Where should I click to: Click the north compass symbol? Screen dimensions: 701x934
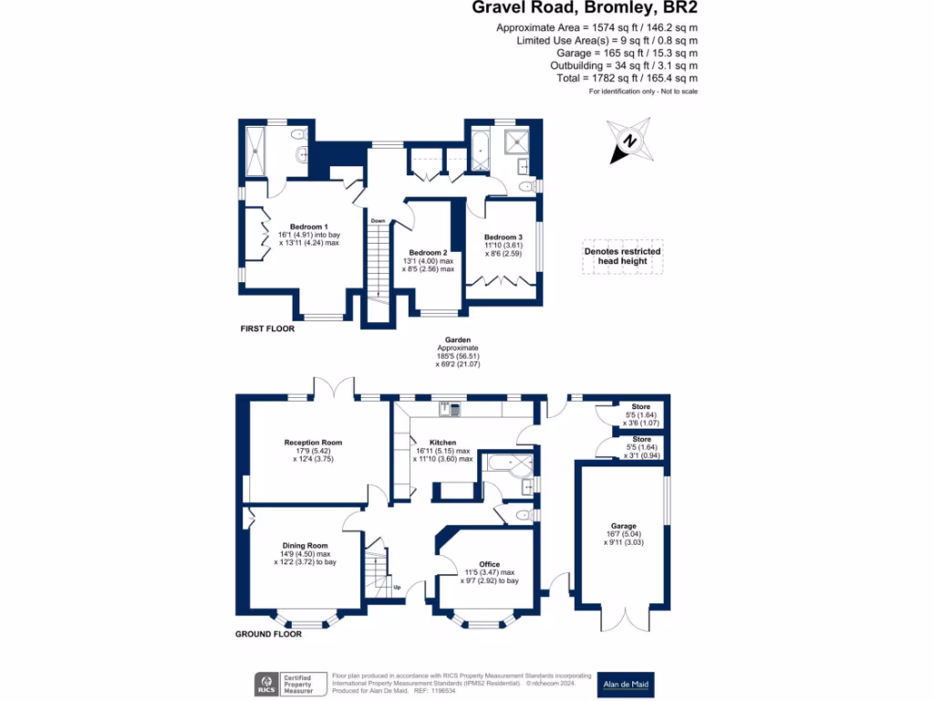630,141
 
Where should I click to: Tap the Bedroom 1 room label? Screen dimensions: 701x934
308,226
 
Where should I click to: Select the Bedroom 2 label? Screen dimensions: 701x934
428,252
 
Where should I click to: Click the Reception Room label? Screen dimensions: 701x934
313,443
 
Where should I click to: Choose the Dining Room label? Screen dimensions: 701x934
305,545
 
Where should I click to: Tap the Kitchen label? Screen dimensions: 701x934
442,443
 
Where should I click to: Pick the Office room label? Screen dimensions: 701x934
489,564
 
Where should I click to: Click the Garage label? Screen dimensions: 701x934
624,526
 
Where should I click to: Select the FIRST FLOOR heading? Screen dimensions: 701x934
267,329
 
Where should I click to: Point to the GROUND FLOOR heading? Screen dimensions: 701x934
268,633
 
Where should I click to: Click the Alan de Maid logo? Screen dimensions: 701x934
626,684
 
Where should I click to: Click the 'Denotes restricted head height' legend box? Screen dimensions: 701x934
623,256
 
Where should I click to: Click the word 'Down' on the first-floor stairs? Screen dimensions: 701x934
378,220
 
